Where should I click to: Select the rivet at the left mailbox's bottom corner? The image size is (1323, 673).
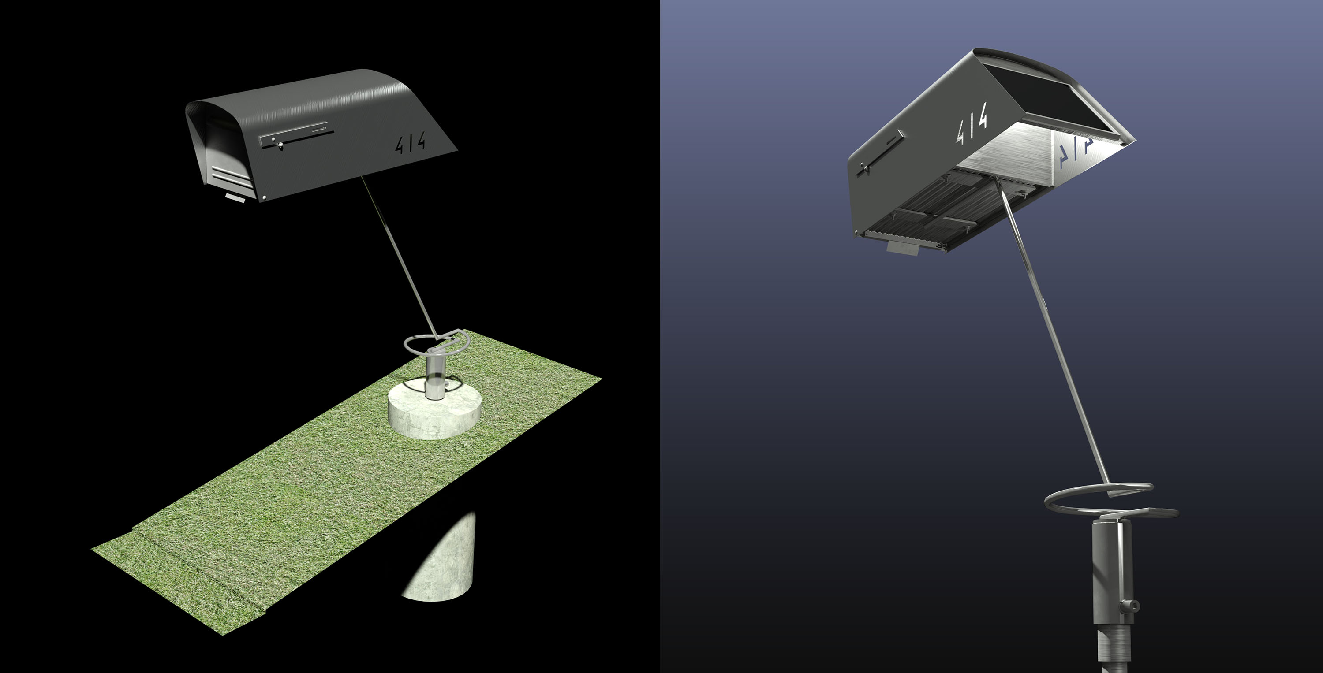point(264,197)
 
